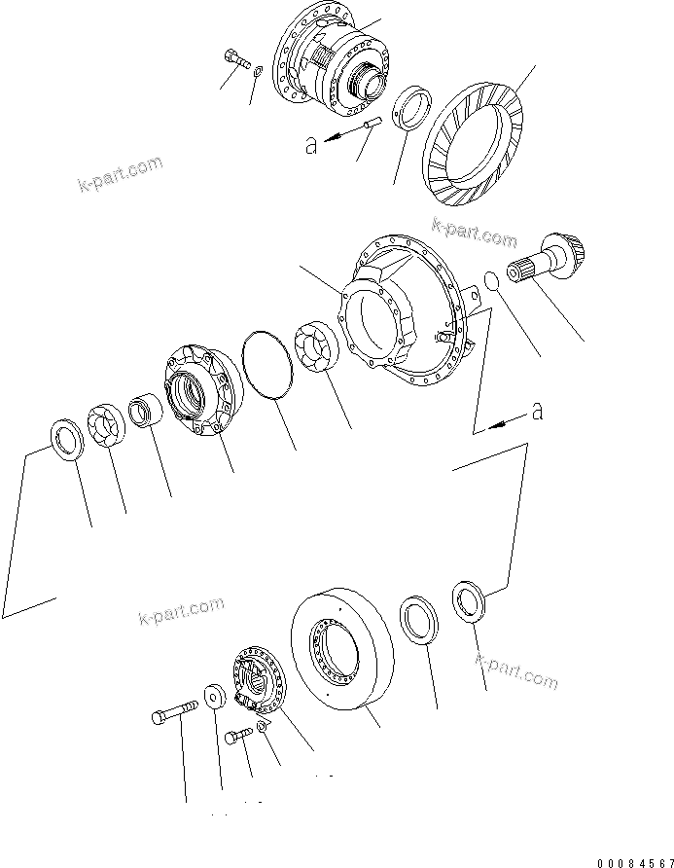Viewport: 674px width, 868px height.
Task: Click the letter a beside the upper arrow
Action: point(310,146)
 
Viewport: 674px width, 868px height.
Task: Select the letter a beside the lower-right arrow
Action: point(536,413)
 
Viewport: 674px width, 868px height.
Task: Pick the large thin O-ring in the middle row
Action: point(268,364)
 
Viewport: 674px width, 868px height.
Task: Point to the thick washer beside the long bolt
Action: point(214,698)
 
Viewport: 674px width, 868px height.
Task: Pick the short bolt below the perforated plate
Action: point(236,738)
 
